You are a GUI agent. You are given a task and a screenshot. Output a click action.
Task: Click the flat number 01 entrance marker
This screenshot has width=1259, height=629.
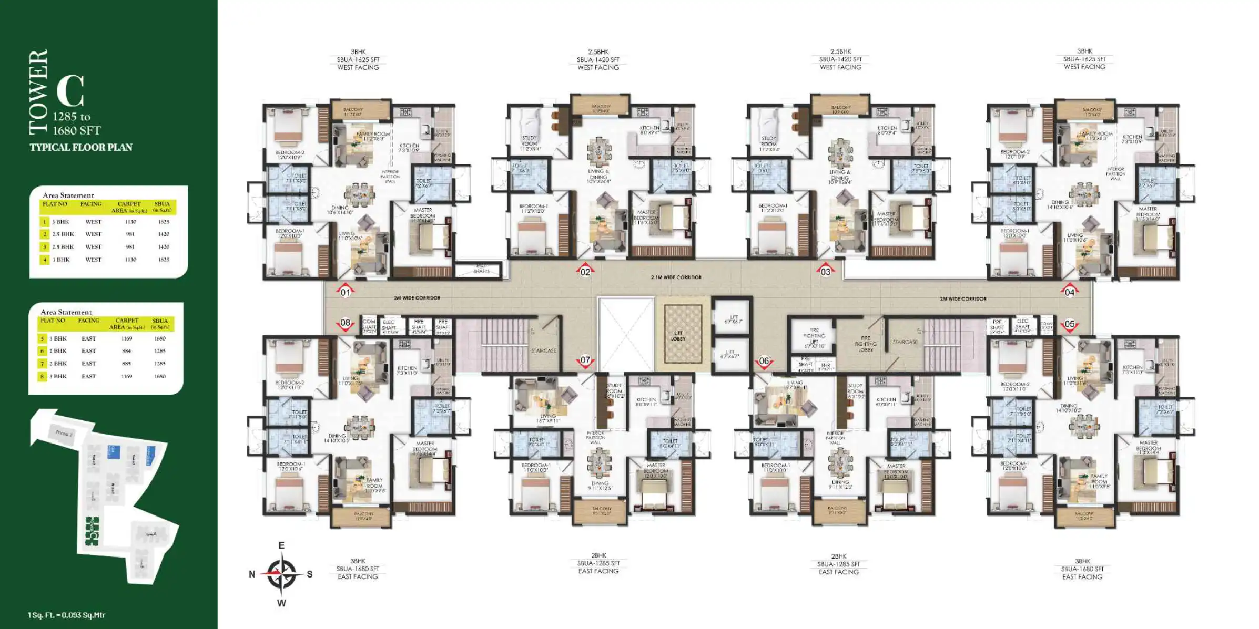click(345, 292)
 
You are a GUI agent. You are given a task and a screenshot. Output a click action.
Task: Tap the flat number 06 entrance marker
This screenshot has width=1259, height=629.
click(764, 362)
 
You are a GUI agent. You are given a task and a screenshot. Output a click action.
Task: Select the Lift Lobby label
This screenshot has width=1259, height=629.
click(678, 336)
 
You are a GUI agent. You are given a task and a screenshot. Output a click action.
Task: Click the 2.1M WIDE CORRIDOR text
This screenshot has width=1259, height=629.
click(676, 277)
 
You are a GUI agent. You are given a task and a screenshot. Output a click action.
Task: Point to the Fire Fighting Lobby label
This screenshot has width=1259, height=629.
click(866, 344)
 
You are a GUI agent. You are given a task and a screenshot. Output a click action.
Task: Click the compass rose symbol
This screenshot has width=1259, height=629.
click(281, 574)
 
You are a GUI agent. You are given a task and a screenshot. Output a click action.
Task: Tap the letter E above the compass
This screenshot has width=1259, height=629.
click(281, 545)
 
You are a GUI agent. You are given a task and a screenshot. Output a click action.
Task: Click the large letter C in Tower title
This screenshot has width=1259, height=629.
click(70, 91)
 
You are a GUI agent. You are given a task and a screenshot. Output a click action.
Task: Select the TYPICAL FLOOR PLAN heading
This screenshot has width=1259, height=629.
click(81, 147)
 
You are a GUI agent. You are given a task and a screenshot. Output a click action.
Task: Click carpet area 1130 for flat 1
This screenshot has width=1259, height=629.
click(130, 222)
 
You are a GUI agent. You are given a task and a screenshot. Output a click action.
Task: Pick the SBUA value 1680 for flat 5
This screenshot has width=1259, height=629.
click(160, 338)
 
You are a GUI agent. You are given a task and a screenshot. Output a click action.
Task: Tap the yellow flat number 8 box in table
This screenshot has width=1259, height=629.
click(43, 376)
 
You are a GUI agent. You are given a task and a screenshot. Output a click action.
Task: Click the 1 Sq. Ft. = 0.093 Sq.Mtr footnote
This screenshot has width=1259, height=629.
click(67, 615)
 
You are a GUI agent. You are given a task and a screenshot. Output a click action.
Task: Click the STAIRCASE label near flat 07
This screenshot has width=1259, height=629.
click(543, 350)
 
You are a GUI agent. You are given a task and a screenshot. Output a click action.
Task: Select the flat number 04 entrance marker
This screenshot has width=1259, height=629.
click(1069, 292)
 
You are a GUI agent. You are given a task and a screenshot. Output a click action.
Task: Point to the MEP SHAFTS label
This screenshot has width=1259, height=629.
click(481, 269)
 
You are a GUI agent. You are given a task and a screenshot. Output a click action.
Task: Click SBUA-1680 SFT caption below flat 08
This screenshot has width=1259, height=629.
click(358, 569)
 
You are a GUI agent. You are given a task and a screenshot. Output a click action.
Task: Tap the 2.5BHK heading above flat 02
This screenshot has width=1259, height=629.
click(598, 52)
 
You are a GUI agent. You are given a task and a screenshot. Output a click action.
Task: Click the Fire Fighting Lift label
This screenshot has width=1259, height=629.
click(814, 338)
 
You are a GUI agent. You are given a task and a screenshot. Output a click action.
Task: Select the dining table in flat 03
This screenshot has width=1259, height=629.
click(840, 152)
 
